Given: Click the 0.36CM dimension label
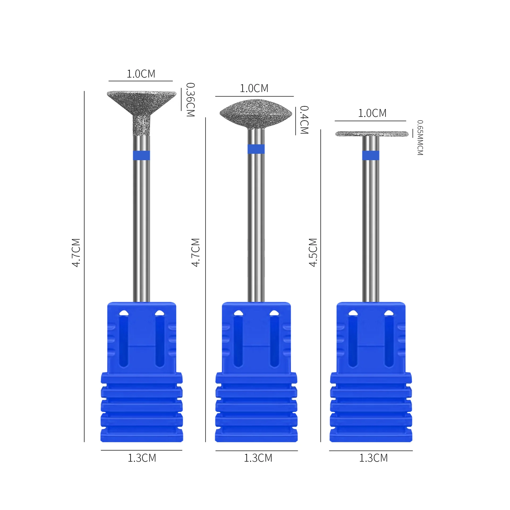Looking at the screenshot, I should pos(190,100).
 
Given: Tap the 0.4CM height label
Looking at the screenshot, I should pos(304,120).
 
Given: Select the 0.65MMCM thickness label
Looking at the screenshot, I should pos(420,138).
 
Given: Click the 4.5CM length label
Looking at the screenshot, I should pos(313,252).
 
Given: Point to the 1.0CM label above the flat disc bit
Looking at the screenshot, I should pos(372,113).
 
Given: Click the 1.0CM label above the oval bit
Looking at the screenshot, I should pos(254,88).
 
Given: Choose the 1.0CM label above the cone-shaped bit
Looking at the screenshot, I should pos(141,74).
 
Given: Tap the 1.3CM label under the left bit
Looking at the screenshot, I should pos(142,458).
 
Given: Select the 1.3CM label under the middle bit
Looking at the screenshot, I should pos(258,458).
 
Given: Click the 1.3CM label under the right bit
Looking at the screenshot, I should pos(373,458).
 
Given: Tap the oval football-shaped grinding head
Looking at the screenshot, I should pos(256,114).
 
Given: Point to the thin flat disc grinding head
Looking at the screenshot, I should pos(372,134).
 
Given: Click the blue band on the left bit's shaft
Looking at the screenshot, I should pos(141,155).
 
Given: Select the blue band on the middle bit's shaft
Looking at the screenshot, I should pos(256,149).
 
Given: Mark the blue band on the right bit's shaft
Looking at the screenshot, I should pos(371,155).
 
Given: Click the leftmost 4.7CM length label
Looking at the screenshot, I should pos(76,252).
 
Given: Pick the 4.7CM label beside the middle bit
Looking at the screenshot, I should pos(195,252).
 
